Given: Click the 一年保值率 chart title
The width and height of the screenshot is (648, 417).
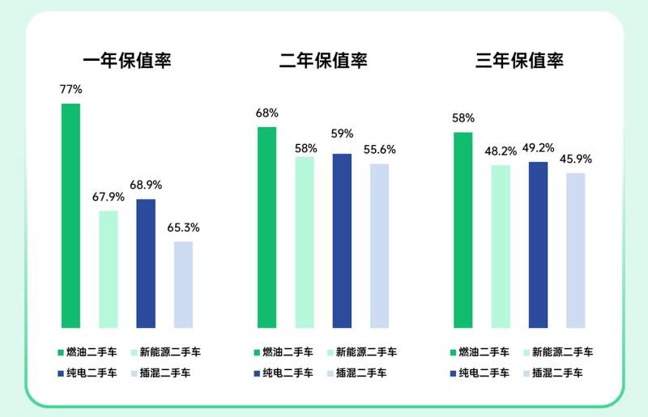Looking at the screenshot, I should point(128,61).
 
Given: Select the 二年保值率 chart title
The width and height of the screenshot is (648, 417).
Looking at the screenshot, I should point(323,61).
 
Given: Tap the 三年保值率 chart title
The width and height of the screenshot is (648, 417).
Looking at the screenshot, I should point(519,61).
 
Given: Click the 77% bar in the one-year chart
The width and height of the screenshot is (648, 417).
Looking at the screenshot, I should point(71,215).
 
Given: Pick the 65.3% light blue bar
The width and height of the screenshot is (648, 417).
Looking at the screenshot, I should point(184,284).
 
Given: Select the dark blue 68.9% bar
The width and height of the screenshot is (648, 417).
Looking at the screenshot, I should point(146,263).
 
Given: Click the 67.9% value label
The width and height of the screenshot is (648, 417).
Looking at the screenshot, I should point(109,197).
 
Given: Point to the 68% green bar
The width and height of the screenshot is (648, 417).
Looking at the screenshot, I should point(267,228).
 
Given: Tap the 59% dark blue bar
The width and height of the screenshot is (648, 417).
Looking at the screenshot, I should point(342,240).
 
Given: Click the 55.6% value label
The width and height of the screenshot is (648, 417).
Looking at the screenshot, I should point(379,150).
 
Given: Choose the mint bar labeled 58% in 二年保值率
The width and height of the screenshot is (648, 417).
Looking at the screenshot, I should point(305,242).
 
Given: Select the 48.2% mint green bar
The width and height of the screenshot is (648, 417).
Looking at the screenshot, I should point(501,246).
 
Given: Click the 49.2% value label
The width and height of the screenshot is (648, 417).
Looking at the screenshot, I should point(538,147).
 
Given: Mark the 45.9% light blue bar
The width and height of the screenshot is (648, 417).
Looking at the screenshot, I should point(576,250).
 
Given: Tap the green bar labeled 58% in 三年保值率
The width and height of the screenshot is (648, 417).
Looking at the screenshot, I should point(463,230).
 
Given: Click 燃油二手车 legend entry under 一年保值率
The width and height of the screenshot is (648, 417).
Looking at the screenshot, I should point(88,352).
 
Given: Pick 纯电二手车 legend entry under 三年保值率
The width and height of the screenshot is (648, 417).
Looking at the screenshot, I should point(479,373).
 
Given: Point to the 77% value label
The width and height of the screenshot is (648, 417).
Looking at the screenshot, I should point(71,89).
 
